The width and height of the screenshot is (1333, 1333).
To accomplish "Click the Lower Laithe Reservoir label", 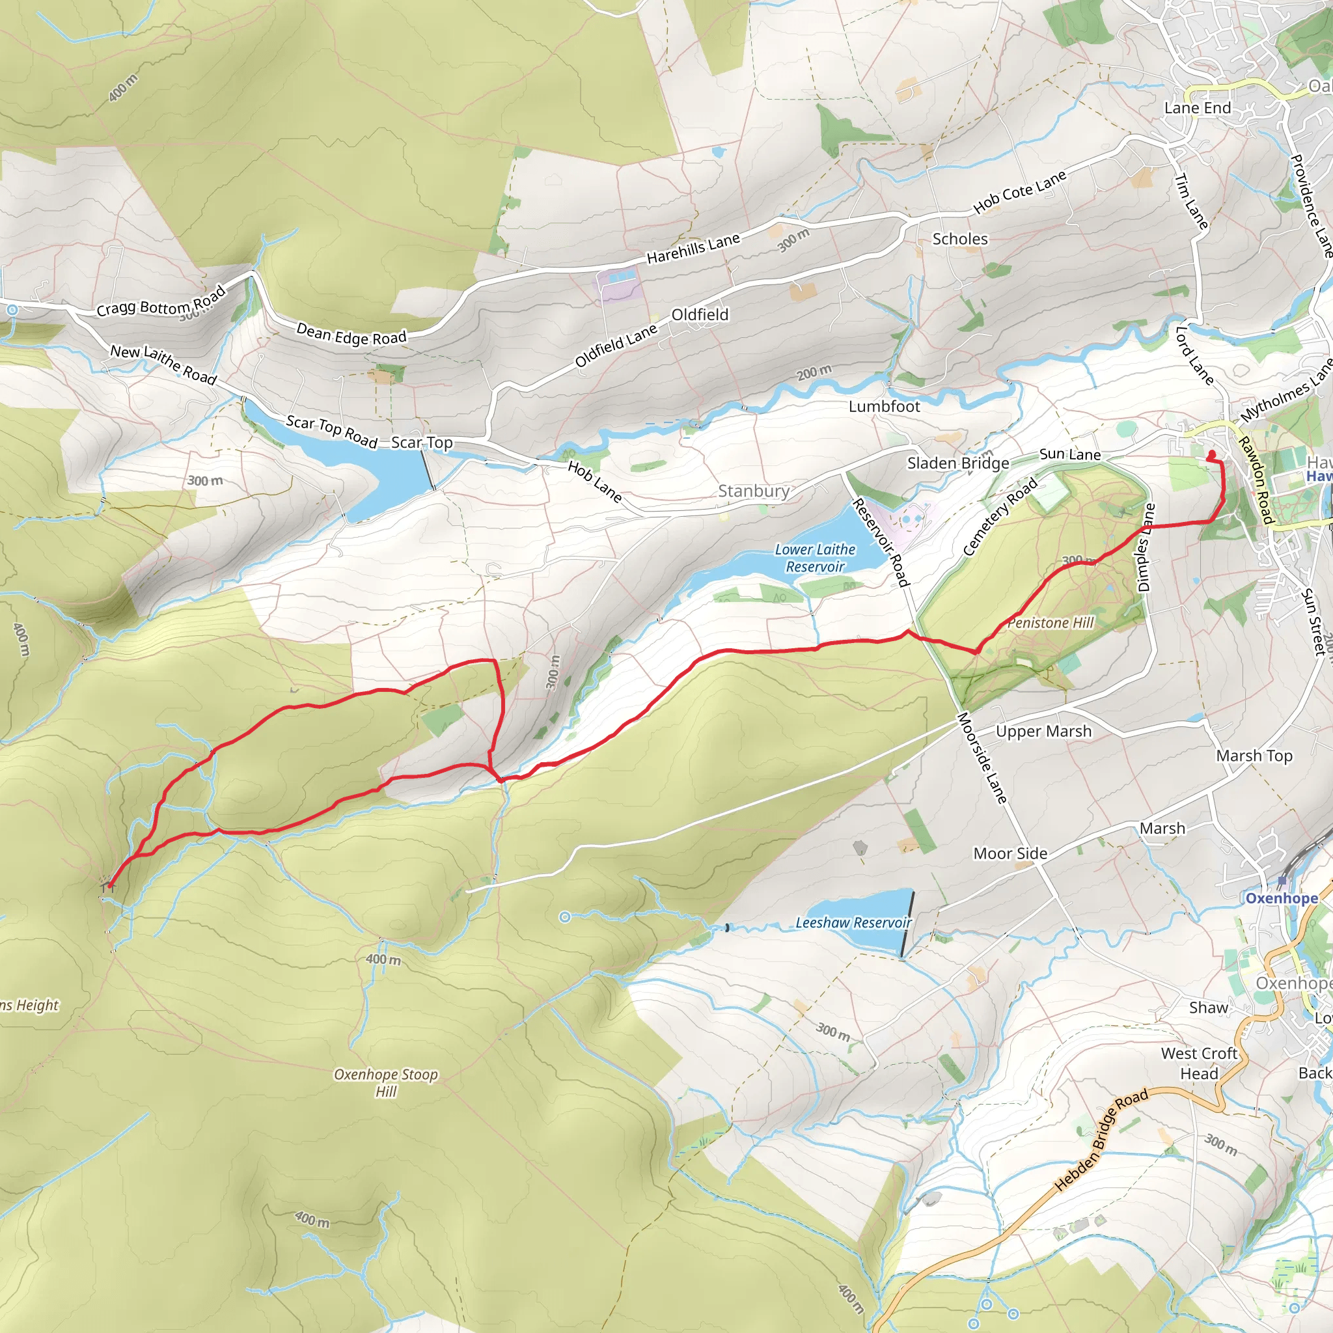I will point(815,558).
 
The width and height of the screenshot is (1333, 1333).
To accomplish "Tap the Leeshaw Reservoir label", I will point(853,922).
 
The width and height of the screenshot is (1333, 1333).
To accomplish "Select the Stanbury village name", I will point(754,491).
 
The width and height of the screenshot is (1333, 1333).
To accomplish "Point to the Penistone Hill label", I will point(1051,623).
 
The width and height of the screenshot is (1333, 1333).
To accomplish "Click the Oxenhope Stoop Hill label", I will point(386,1082).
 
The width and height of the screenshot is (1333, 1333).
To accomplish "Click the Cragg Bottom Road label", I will point(161,303).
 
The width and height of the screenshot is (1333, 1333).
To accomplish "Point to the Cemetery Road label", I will point(1000,517).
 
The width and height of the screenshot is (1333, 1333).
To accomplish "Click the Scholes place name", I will point(960,240).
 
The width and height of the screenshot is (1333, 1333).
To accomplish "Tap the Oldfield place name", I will point(700,315).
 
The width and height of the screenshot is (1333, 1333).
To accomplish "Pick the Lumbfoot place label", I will point(884,407).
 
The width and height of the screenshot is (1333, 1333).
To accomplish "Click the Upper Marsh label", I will point(1043,732).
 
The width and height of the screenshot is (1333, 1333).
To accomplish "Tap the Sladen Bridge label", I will point(957,463).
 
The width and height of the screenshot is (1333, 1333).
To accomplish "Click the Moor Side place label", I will point(1010,854).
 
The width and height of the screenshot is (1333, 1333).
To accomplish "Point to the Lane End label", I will point(1197,108).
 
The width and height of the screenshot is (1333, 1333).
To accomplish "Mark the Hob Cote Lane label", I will point(1019,192).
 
